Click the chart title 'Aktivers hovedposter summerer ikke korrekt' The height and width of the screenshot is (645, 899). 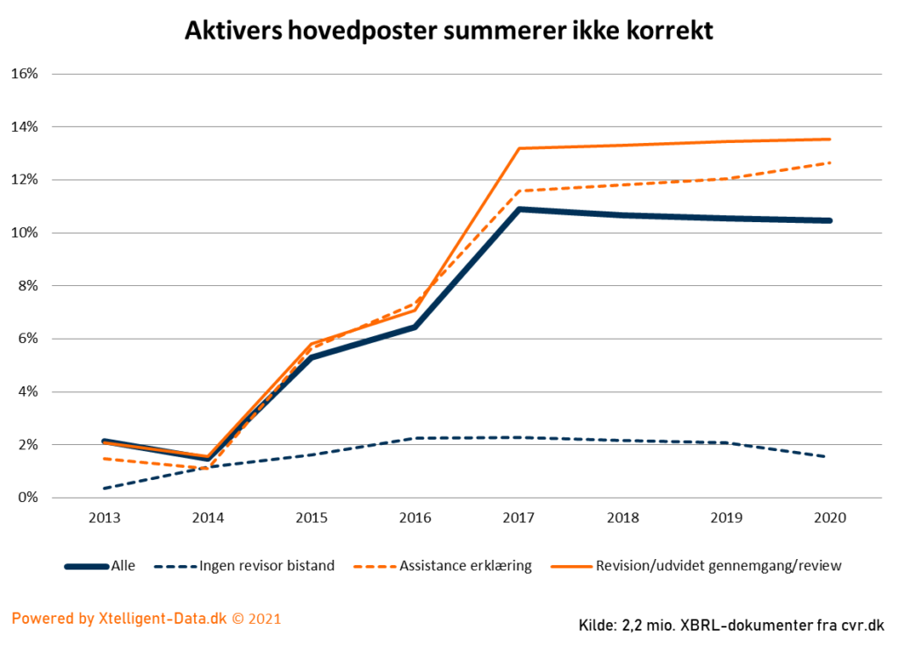point(449,31)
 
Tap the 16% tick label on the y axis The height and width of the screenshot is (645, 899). point(24,74)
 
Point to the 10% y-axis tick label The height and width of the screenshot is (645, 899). point(24,233)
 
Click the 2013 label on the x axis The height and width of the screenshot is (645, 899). point(104,519)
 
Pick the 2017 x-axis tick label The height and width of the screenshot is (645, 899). point(519,519)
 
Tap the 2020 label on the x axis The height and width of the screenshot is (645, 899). point(829,519)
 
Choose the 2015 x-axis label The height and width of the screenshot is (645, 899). point(312,519)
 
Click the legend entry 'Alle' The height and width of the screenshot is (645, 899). point(123,566)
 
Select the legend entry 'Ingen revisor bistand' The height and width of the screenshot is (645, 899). point(266,566)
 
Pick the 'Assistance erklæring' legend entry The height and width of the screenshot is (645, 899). point(465,566)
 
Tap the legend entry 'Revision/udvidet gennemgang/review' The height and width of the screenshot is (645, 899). point(718,566)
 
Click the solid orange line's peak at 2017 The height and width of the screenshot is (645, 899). point(519,148)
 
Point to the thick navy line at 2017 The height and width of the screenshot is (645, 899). point(519,210)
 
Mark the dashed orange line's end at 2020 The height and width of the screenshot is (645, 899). point(829,162)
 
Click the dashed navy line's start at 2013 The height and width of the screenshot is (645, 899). point(104,488)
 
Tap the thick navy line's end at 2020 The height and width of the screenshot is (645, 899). point(829,220)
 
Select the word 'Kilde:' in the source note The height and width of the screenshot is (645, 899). point(598,625)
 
